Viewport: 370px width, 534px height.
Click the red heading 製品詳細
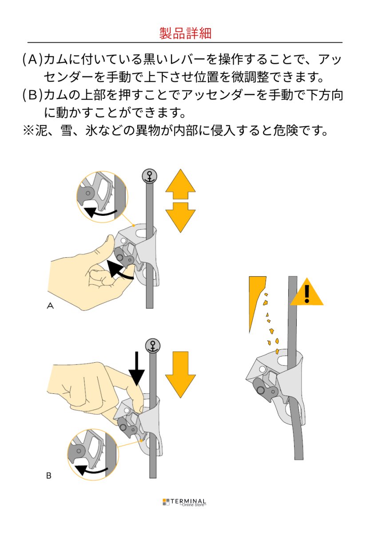pyautogui.click(x=185, y=33)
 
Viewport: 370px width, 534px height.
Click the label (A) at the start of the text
pyautogui.click(x=32, y=60)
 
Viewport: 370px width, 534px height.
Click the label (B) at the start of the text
pyautogui.click(x=32, y=95)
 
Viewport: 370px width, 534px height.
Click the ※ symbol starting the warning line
pyautogui.click(x=29, y=131)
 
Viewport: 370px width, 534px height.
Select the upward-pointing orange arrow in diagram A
pyautogui.click(x=180, y=185)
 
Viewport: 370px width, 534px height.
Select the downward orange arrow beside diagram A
pyautogui.click(x=180, y=217)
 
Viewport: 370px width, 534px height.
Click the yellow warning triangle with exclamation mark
pyautogui.click(x=306, y=294)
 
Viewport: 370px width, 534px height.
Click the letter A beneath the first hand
pyautogui.click(x=50, y=306)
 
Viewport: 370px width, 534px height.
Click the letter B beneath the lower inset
pyautogui.click(x=49, y=476)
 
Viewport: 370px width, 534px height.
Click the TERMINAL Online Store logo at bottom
pyautogui.click(x=185, y=502)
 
